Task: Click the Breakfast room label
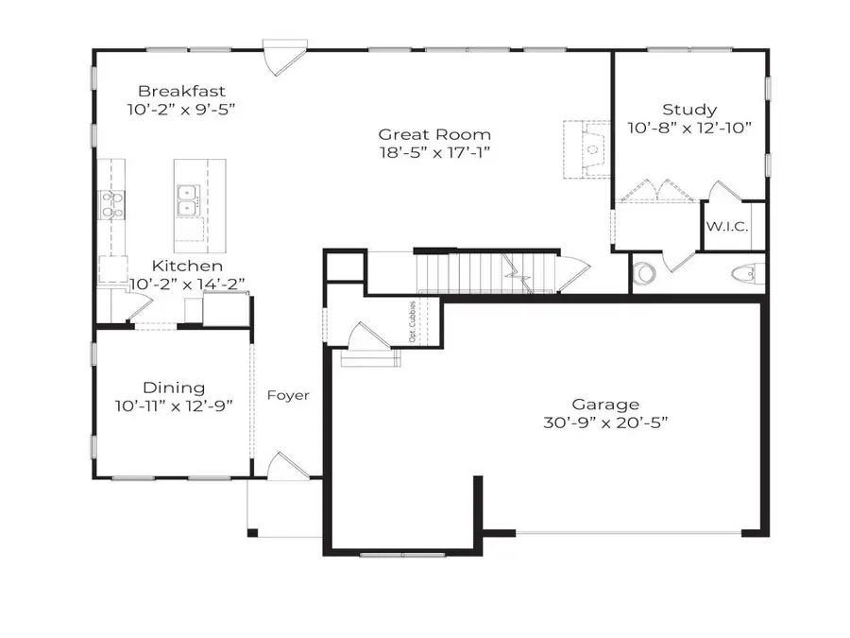[181, 91]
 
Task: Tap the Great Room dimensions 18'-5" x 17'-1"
[434, 151]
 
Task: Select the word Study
[688, 110]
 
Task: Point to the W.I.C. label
[726, 228]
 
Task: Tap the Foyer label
[287, 395]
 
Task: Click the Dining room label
[174, 387]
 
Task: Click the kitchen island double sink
[187, 199]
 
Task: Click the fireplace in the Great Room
[589, 147]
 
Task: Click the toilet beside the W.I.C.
[745, 274]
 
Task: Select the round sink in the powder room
[646, 273]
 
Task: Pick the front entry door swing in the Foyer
[283, 465]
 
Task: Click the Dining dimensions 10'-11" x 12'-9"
[174, 405]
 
